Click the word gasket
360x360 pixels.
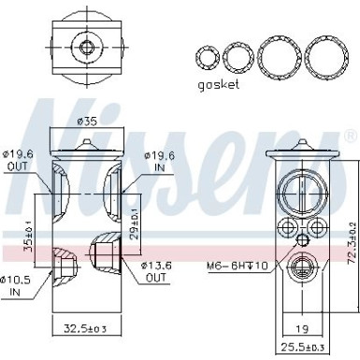click(220, 83)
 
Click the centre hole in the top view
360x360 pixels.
click(86, 48)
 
